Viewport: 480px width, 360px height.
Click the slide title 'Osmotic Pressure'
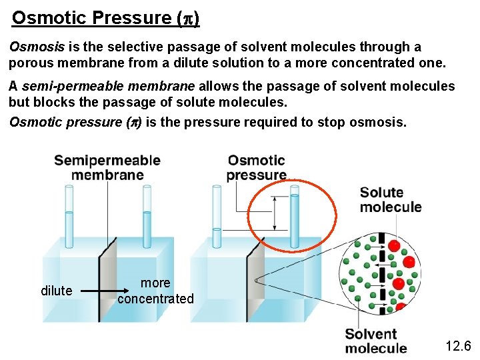pyautogui.click(x=105, y=17)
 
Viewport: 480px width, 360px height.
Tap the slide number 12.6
pyautogui.click(x=458, y=345)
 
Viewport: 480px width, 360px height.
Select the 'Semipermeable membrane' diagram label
pyautogui.click(x=107, y=167)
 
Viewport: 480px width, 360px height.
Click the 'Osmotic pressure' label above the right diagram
pyautogui.click(x=256, y=167)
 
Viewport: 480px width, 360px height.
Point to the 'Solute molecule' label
pyautogui.click(x=391, y=199)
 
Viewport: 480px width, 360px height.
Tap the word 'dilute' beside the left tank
pyautogui.click(x=57, y=291)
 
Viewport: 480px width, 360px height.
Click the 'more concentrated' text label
pyautogui.click(x=155, y=291)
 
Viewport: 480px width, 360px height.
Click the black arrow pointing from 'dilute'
pyautogui.click(x=97, y=291)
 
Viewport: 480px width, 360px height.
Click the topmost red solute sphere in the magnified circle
pyautogui.click(x=394, y=246)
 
